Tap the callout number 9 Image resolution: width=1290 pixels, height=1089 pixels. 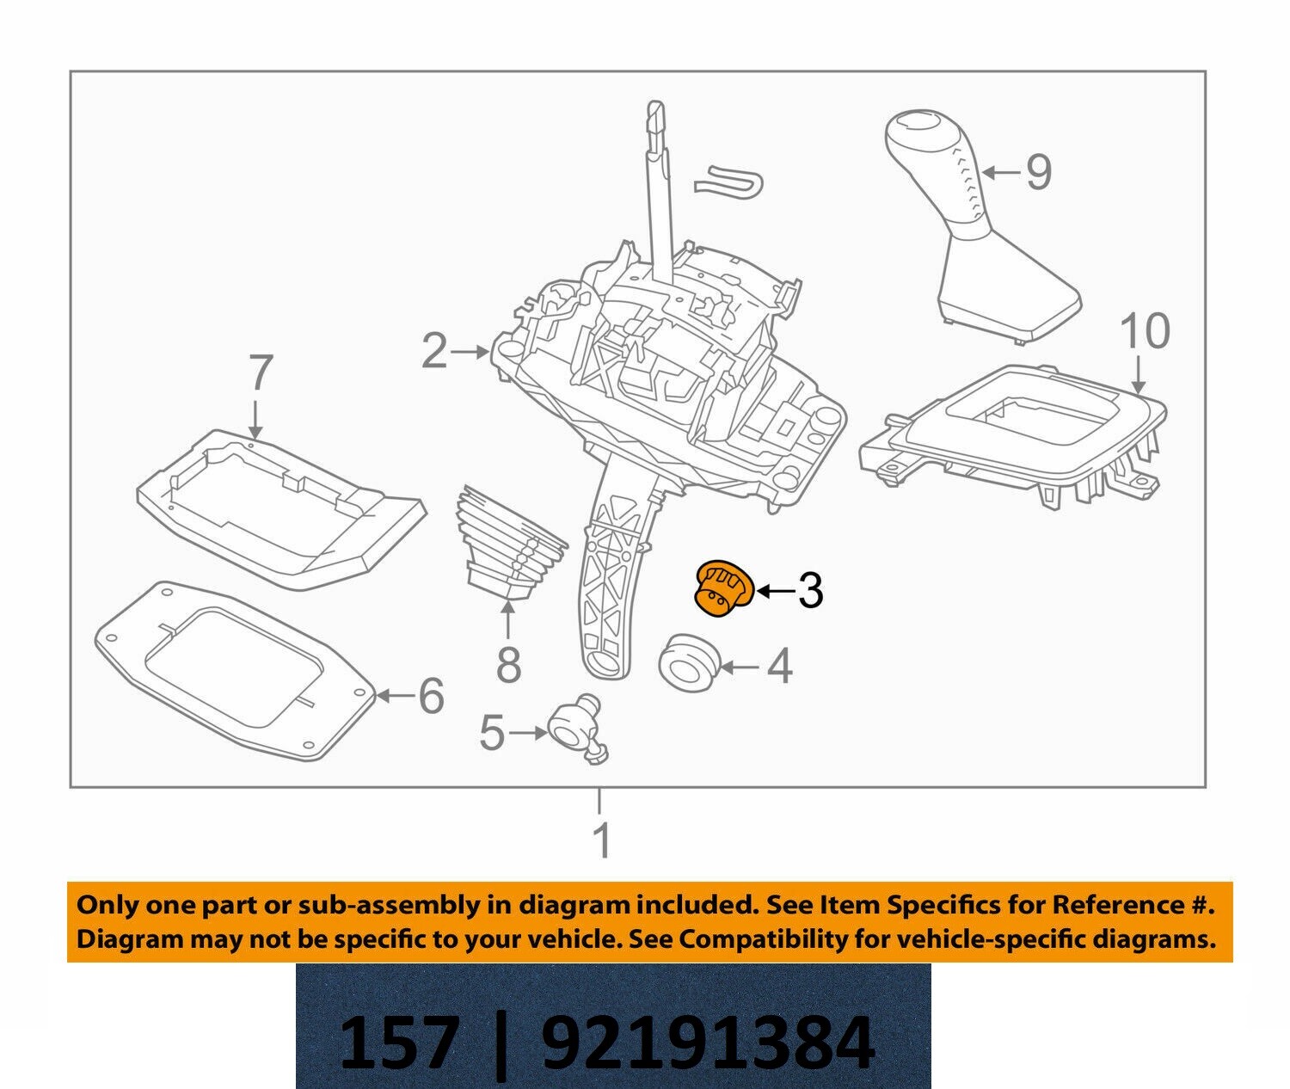(x=1038, y=172)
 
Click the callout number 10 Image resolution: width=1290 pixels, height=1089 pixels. (x=1145, y=331)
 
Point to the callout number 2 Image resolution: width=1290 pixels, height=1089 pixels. (x=434, y=352)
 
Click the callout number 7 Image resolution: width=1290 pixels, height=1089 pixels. (x=260, y=374)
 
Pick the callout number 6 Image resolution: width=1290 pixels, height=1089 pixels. (x=431, y=695)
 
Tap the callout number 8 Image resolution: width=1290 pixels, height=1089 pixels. (x=509, y=665)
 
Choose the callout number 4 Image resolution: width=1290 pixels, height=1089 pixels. (x=778, y=667)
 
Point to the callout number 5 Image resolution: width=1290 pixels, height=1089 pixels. (x=491, y=734)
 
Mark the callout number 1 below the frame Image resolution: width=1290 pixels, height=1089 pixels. (x=602, y=840)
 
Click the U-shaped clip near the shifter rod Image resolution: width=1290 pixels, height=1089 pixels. (x=728, y=181)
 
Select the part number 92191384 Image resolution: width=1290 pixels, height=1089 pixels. (x=708, y=1042)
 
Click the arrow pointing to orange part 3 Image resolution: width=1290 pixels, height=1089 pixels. (x=772, y=590)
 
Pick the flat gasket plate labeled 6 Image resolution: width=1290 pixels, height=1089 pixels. (x=232, y=671)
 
